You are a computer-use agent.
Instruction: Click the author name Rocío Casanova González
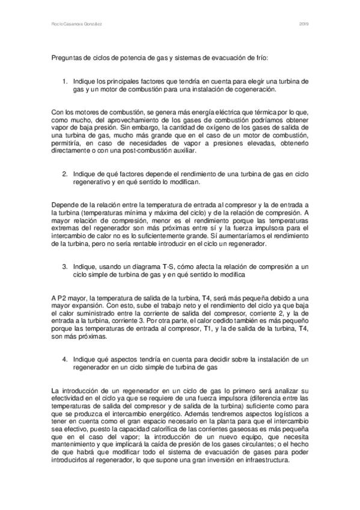tap(75, 25)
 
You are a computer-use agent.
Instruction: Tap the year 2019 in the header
tap(304, 25)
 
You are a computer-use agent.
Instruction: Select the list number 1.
tap(65, 81)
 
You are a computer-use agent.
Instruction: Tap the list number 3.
tap(65, 266)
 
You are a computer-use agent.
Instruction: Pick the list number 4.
tap(65, 359)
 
